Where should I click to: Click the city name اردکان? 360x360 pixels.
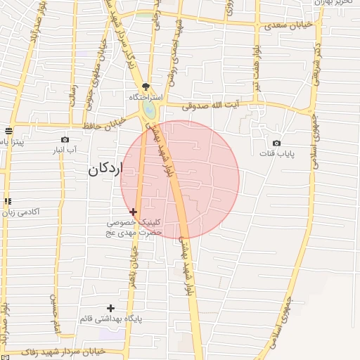click(106, 169)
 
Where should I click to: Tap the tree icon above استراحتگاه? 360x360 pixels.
click(146, 86)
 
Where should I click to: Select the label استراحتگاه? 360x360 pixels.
click(146, 96)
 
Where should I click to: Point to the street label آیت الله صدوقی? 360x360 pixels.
click(210, 106)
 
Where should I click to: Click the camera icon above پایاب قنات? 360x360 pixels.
click(276, 143)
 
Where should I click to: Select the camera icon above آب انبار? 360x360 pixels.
click(65, 140)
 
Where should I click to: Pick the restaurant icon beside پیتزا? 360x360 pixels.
click(8, 131)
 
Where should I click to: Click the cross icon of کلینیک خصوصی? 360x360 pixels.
click(133, 211)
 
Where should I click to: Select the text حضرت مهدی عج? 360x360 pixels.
click(139, 231)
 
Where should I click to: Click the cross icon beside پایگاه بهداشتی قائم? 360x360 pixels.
click(110, 308)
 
